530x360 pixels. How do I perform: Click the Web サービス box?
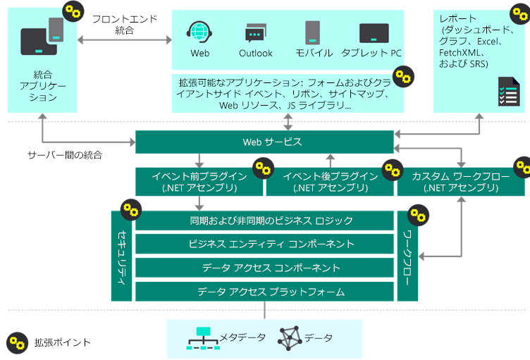click(264, 142)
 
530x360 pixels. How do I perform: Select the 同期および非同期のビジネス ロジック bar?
click(264, 221)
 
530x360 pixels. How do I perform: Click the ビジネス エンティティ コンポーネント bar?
click(264, 244)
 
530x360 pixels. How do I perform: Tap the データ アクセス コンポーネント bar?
click(264, 268)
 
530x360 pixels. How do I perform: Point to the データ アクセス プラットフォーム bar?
click(264, 292)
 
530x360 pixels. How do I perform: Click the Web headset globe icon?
click(199, 32)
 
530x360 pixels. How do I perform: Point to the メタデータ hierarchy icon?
click(203, 339)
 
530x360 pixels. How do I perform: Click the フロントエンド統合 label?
click(124, 25)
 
